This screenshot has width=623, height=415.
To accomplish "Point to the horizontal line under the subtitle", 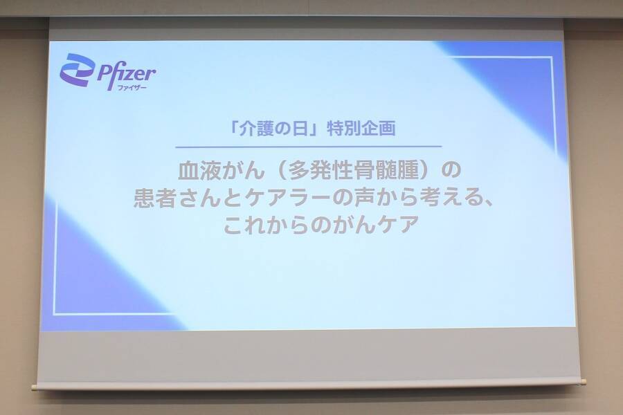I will click(308, 146).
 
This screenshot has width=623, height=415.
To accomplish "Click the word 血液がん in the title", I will click(207, 169).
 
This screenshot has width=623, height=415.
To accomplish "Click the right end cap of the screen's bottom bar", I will click(583, 380).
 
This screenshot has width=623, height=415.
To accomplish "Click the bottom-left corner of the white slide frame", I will click(55, 314).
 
